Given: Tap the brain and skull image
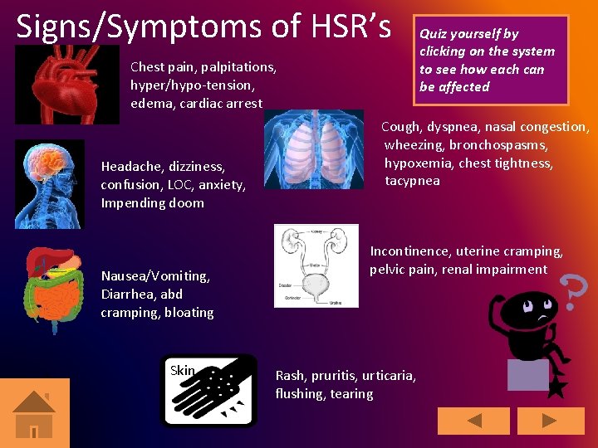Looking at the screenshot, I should pos(50,183).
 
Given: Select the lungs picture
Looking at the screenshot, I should pos(313,150).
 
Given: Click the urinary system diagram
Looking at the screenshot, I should pos(316,265).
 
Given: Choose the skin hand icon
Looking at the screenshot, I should pos(209,390).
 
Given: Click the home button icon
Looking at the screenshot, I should pos(34,413).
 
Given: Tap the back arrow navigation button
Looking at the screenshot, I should pos(473,421).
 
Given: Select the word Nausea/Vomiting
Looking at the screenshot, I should pos(155,276).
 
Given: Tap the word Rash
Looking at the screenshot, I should pos(290,376).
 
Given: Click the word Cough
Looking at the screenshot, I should pos(400,127).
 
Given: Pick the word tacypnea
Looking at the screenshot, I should pos(412,181).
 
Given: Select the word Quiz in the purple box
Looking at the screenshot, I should pos(432,34).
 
